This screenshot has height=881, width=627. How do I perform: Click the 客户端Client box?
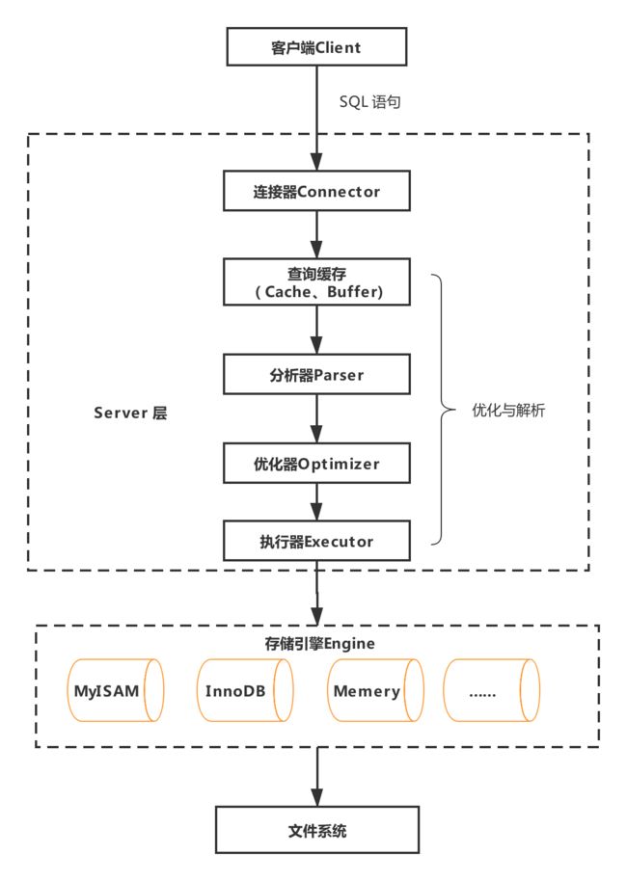pyautogui.click(x=316, y=46)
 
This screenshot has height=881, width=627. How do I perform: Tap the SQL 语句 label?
pyautogui.click(x=370, y=102)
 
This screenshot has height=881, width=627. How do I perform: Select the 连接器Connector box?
pyautogui.click(x=316, y=191)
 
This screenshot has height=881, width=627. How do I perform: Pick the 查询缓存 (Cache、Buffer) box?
pyautogui.click(x=316, y=282)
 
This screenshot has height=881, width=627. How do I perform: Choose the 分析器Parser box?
pyautogui.click(x=316, y=374)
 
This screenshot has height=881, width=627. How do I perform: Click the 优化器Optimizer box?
pyautogui.click(x=316, y=463)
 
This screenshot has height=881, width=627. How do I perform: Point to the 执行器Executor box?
pyautogui.click(x=316, y=541)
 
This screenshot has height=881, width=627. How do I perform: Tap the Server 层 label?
pyautogui.click(x=130, y=413)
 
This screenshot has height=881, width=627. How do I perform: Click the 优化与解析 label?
pyautogui.click(x=508, y=411)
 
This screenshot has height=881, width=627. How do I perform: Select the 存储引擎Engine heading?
pyautogui.click(x=319, y=643)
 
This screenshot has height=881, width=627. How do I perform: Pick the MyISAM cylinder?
pyautogui.click(x=116, y=690)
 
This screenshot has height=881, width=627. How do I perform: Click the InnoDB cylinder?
pyautogui.click(x=245, y=690)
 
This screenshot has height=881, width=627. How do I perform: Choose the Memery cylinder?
pyautogui.click(x=375, y=690)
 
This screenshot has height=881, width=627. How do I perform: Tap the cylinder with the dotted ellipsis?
pyautogui.click(x=492, y=690)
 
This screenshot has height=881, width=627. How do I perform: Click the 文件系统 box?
pyautogui.click(x=317, y=830)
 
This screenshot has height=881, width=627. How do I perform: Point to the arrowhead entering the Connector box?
pyautogui.click(x=316, y=162)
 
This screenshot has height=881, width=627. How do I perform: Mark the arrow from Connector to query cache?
pyautogui.click(x=316, y=235)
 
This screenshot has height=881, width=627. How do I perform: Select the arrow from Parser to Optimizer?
pyautogui.click(x=316, y=418)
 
